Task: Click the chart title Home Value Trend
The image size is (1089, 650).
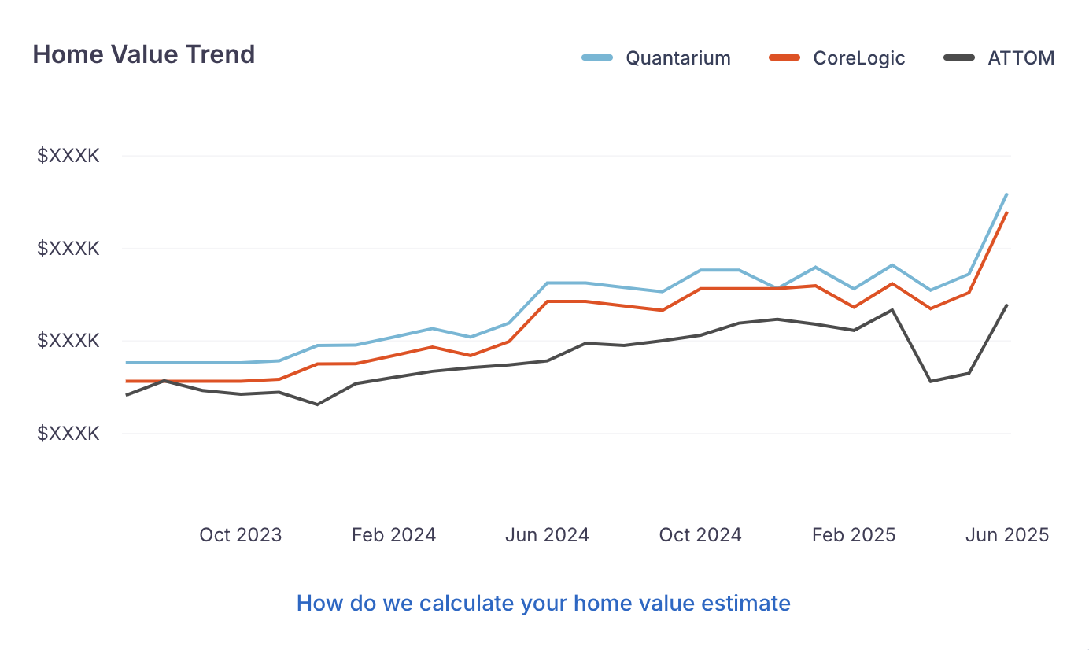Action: point(144,54)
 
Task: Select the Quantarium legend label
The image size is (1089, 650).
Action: point(678,58)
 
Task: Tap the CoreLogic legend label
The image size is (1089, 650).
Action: point(859,58)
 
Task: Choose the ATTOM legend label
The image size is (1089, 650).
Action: point(1021,58)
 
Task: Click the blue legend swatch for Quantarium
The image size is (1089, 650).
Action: point(597,58)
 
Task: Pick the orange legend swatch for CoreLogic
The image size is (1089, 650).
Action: point(784,58)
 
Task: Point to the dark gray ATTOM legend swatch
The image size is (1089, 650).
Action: point(959,58)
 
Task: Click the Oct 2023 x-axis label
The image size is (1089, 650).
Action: point(240,535)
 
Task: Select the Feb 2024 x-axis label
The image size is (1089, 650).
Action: point(393,535)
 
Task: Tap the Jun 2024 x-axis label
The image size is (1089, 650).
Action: point(547,535)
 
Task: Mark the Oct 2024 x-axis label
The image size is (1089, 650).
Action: point(700,535)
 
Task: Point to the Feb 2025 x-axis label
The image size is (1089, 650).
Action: point(854,535)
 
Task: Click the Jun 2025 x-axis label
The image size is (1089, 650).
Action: point(1007,535)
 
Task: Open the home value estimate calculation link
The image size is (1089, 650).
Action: point(544,604)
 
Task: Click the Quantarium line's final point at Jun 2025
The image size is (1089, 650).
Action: point(1007,194)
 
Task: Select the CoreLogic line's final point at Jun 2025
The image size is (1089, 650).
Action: point(1007,212)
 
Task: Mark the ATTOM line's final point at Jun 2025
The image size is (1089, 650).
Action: point(1007,305)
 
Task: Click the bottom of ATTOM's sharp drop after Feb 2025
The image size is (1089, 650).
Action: point(930,382)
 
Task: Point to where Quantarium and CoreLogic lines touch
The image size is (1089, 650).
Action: point(777,288)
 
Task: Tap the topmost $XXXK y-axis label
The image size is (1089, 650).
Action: point(68,156)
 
